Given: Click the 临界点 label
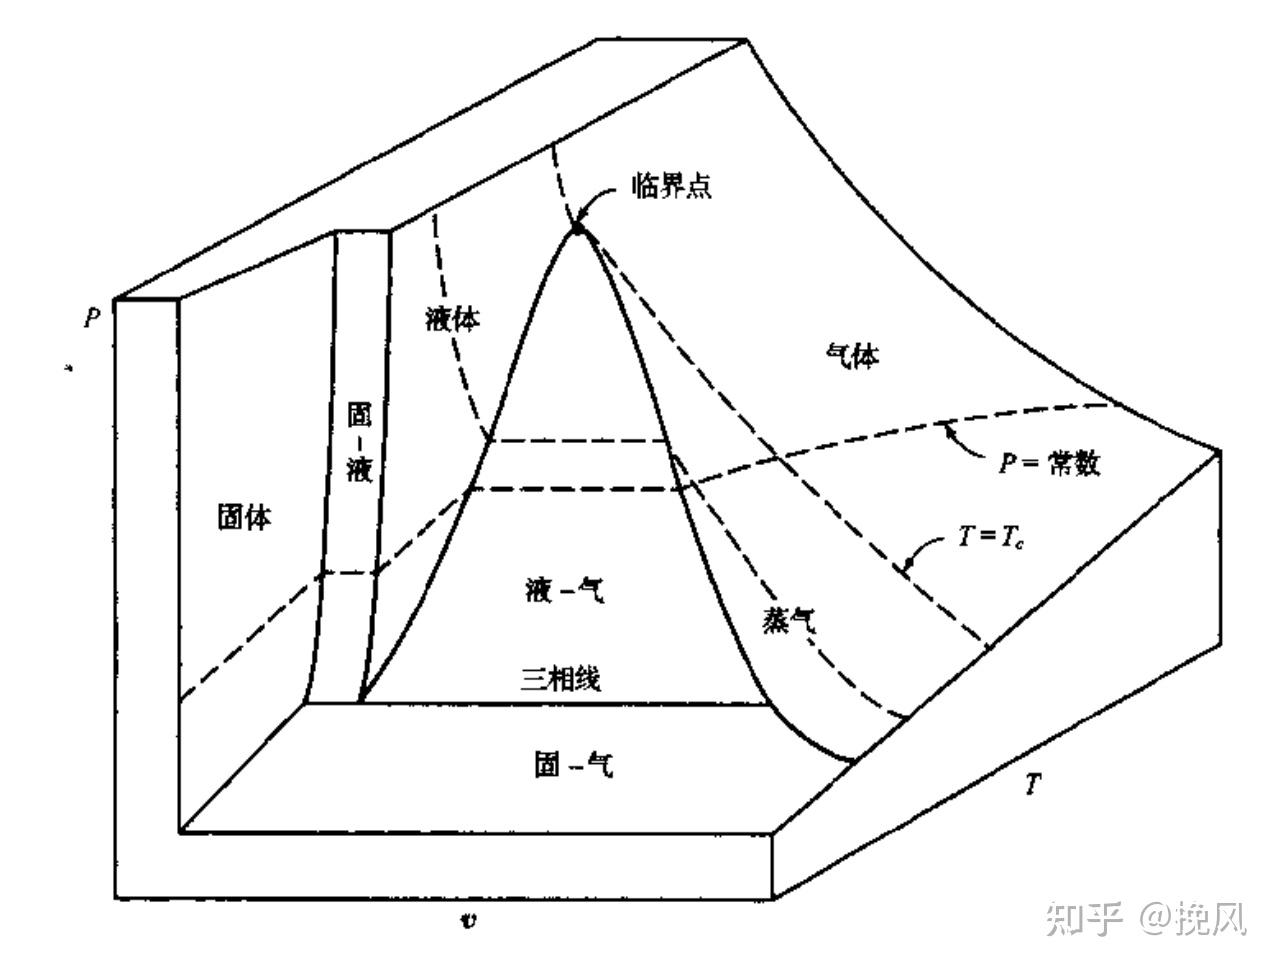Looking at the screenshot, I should [x=671, y=185].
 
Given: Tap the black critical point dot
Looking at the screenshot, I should [x=577, y=231].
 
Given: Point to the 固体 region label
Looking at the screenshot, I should [x=244, y=516].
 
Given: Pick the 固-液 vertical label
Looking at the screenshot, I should [x=359, y=442].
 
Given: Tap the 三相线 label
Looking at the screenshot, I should [x=560, y=679].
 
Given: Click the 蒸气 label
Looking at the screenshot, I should [x=789, y=621].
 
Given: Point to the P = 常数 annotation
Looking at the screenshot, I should [x=1051, y=464].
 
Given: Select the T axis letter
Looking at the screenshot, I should [x=1033, y=785].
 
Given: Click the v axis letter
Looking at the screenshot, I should [x=467, y=918].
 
